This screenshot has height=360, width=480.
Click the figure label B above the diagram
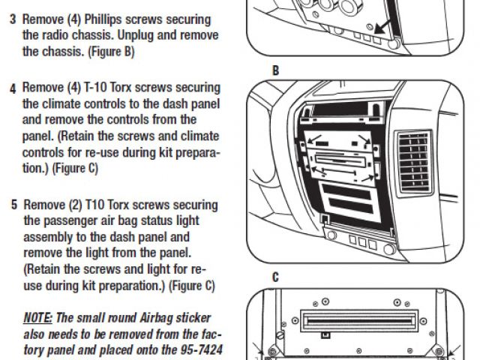coord(276,71)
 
